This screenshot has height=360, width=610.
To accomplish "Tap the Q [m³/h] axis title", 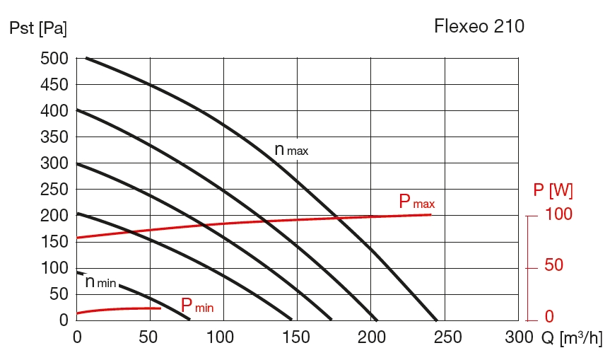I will (x=572, y=338).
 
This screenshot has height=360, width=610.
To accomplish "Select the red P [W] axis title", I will (x=553, y=190).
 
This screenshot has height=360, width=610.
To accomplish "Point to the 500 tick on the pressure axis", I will (x=54, y=59).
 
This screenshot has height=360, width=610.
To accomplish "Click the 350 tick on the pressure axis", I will (x=54, y=137).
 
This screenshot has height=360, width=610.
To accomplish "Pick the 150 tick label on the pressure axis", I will (x=54, y=242).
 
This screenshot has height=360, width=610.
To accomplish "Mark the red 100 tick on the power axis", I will (x=559, y=215).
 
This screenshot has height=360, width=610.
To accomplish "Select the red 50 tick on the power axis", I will (x=554, y=267).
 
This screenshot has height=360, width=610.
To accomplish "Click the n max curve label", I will (x=291, y=150).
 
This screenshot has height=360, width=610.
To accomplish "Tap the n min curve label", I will (x=100, y=281).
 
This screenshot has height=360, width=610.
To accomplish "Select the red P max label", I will (x=417, y=202).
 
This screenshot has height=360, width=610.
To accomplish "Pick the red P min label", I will (x=197, y=306).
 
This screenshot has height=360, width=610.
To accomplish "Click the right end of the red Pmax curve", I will (x=430, y=214).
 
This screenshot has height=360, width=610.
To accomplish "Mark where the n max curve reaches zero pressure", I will (x=437, y=320).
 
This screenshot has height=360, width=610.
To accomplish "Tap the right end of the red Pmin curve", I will (x=160, y=308).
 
